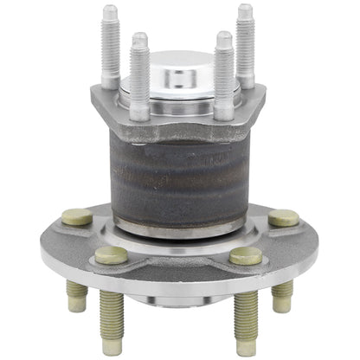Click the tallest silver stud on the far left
coord(110,48)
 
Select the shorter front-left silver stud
coord(139,78)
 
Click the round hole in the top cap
coord(180,75)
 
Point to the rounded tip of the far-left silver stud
coord(109,11)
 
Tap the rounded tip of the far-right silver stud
coord(245,10)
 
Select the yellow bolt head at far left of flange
coord(77,217)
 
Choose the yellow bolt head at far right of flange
coord(283,218)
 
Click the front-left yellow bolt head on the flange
coord(111,254)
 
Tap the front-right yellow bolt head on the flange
coord(247,255)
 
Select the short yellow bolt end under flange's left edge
coord(76,297)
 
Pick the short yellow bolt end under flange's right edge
coord(282,297)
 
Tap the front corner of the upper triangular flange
coord(179,125)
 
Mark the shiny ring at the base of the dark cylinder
coord(179,229)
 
